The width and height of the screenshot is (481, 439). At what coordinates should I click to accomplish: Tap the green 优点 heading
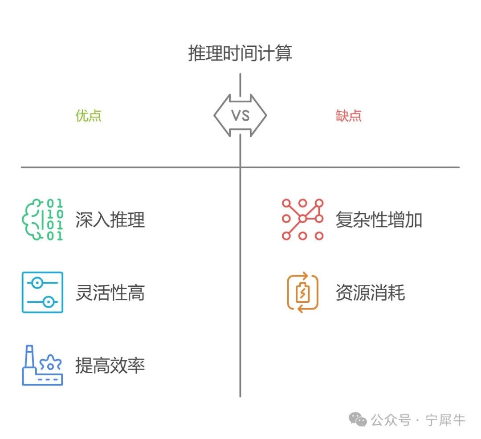[89, 116]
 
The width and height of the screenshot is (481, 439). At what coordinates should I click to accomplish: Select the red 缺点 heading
[348, 116]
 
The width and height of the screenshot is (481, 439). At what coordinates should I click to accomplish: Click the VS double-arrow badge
[240, 115]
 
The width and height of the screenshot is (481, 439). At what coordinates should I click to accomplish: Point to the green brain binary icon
[43, 219]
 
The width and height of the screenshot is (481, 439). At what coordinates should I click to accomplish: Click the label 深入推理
[110, 220]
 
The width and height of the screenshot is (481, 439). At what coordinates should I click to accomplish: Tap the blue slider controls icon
[43, 292]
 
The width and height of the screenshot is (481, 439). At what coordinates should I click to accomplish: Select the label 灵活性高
[110, 293]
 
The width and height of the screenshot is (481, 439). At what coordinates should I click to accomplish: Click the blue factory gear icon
[43, 366]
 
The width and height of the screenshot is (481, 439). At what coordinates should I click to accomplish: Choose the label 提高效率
[110, 366]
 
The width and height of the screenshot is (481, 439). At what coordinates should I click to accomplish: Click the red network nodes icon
[302, 219]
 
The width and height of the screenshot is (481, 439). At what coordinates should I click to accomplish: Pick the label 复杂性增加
[379, 220]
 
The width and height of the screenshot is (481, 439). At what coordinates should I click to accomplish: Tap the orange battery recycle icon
[302, 293]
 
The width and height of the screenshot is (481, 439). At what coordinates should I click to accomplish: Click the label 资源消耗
[370, 293]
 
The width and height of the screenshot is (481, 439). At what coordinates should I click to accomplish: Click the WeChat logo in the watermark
[358, 419]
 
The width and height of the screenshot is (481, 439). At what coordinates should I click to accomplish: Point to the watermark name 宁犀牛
[445, 420]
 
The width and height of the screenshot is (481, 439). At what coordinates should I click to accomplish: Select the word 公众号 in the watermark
[391, 420]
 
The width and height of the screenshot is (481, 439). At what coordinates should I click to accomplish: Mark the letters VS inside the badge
[240, 116]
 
